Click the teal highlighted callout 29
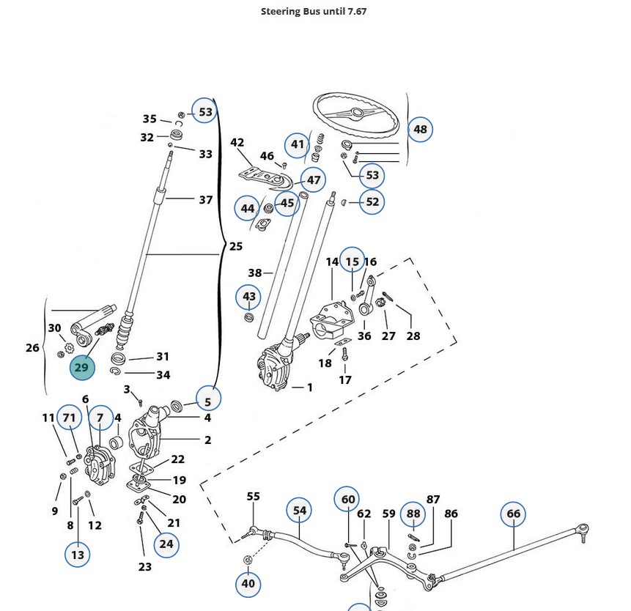point(82,368)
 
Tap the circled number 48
point(420,130)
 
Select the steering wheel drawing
point(357,115)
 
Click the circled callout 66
point(513,514)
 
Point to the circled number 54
point(300,510)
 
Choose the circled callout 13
point(77,555)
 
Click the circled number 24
point(166,544)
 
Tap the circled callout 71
point(70,418)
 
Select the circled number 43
point(249,296)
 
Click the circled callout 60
point(348,500)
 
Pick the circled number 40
point(248,584)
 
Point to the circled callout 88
point(414,514)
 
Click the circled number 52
point(372,202)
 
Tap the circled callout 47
point(314,180)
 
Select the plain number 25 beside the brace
point(236,246)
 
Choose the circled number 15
point(353,261)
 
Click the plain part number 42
point(237,142)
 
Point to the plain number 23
point(144,566)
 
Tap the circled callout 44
point(248,209)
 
